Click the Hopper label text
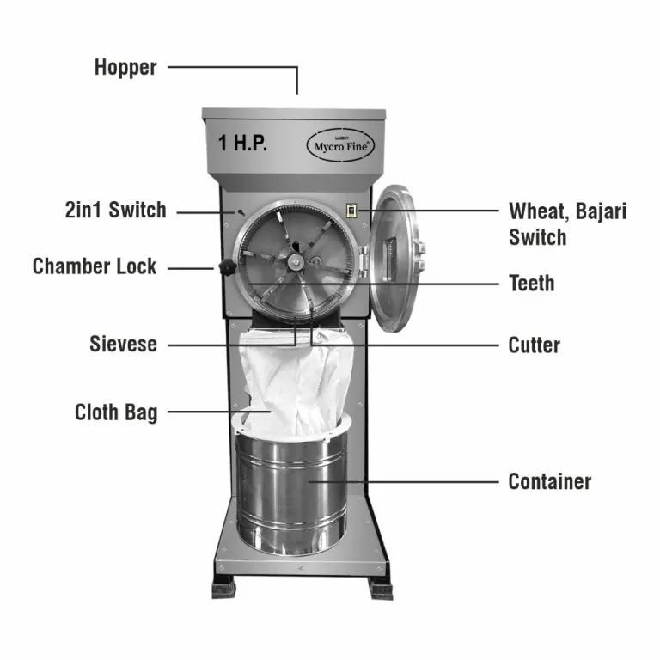click(x=125, y=67)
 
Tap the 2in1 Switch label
click(x=115, y=210)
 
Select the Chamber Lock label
click(x=95, y=266)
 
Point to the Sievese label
click(x=123, y=345)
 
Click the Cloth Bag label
click(x=116, y=412)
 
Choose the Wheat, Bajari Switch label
click(x=567, y=223)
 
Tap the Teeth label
click(x=532, y=283)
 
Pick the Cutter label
click(x=534, y=345)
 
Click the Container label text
click(x=550, y=481)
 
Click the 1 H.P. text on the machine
click(x=243, y=144)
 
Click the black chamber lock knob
click(x=227, y=268)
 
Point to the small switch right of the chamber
click(x=351, y=211)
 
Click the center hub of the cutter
click(x=295, y=260)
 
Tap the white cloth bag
click(x=292, y=382)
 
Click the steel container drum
click(x=292, y=494)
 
